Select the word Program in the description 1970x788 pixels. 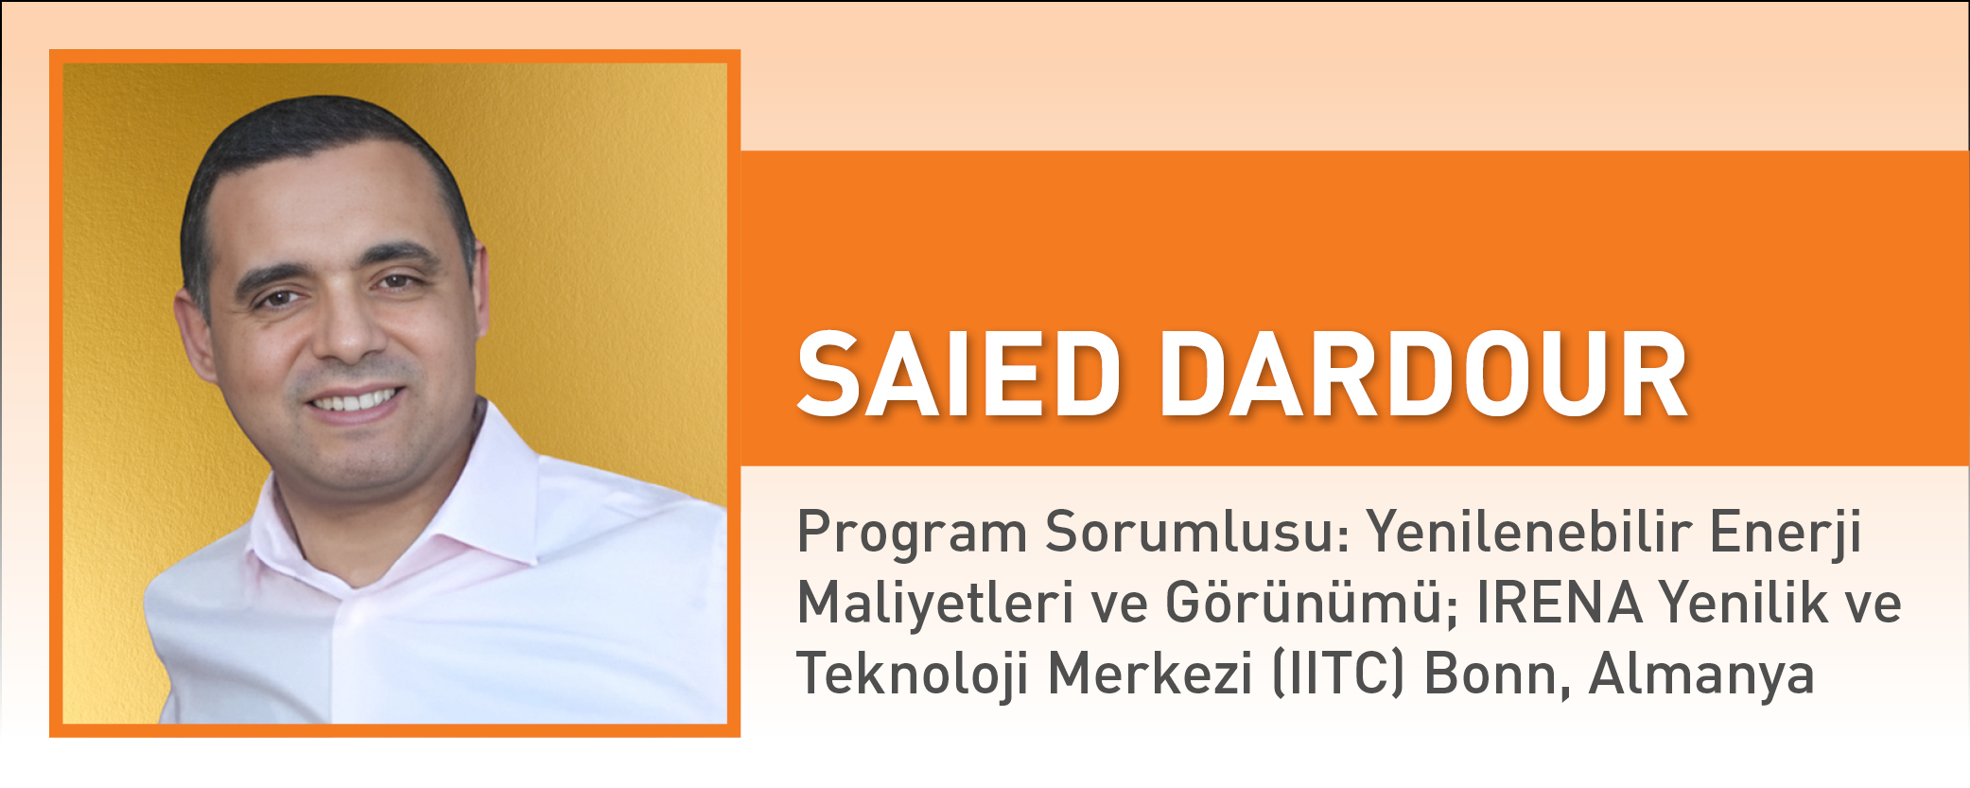912,534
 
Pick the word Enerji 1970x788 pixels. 1786,534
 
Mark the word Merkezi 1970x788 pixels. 1150,674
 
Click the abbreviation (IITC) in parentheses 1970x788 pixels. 1338,674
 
